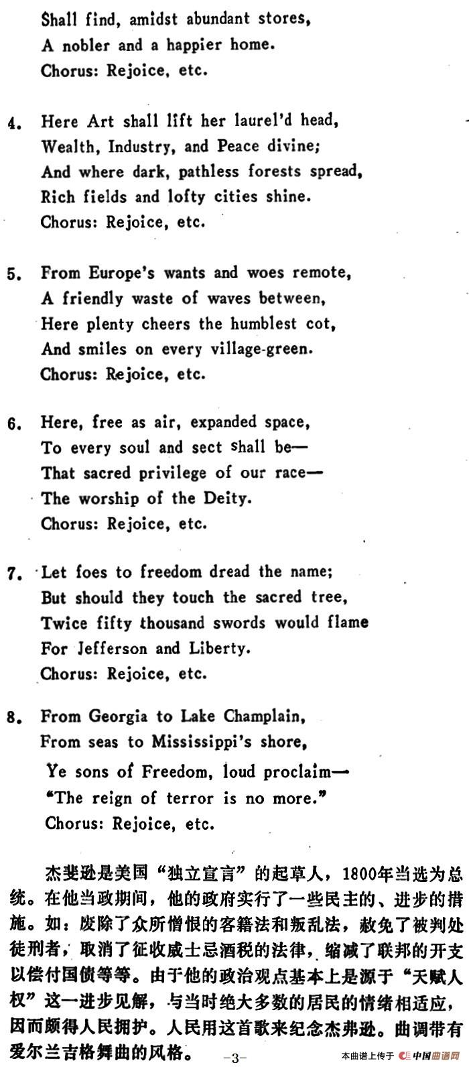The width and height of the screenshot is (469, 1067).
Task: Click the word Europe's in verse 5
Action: coord(123,273)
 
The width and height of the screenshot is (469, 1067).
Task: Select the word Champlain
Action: coord(261,716)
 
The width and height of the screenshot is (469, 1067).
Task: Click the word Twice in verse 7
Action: coord(64,623)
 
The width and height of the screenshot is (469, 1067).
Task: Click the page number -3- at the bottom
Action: coord(234,1058)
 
